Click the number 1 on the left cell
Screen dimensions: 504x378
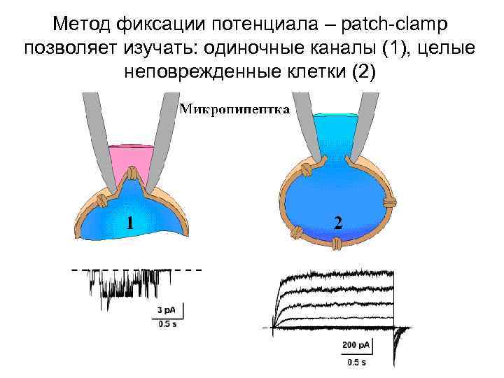click(x=129, y=222)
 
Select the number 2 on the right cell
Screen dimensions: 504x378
click(x=338, y=222)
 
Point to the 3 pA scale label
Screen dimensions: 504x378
click(x=167, y=310)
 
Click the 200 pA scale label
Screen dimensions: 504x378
click(x=356, y=345)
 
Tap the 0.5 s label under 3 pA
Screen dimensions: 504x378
click(x=167, y=323)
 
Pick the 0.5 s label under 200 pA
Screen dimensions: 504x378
click(x=356, y=363)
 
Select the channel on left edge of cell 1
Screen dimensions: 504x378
click(x=101, y=200)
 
